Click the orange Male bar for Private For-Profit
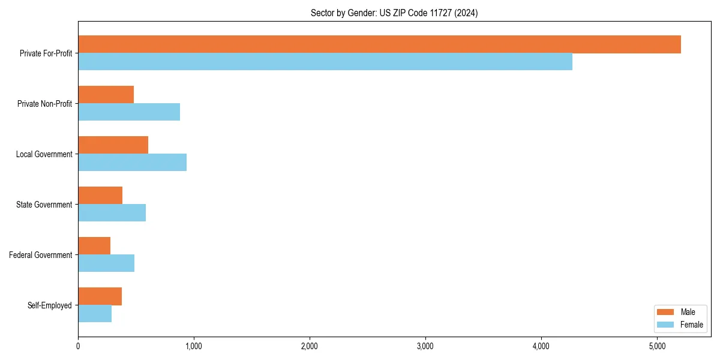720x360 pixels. pyautogui.click(x=379, y=44)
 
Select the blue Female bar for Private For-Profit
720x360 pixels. pyautogui.click(x=325, y=62)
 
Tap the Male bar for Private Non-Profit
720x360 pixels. pyautogui.click(x=106, y=95)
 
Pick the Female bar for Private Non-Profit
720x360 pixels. pyautogui.click(x=129, y=112)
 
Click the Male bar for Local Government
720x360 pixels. pyautogui.click(x=113, y=145)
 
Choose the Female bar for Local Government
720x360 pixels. pyautogui.click(x=132, y=163)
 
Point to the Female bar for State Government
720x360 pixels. pyautogui.click(x=112, y=213)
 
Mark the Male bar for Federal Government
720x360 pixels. pyautogui.click(x=94, y=246)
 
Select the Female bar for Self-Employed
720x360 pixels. pyautogui.click(x=95, y=314)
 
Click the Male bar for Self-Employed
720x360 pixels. pyautogui.click(x=100, y=296)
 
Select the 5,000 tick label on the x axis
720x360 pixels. pyautogui.click(x=657, y=346)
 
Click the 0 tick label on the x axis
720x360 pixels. pyautogui.click(x=78, y=346)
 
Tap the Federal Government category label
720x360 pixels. pyautogui.click(x=41, y=255)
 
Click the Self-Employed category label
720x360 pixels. pyautogui.click(x=50, y=305)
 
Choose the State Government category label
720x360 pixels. pyautogui.click(x=44, y=205)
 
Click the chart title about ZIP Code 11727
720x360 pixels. pyautogui.click(x=394, y=13)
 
